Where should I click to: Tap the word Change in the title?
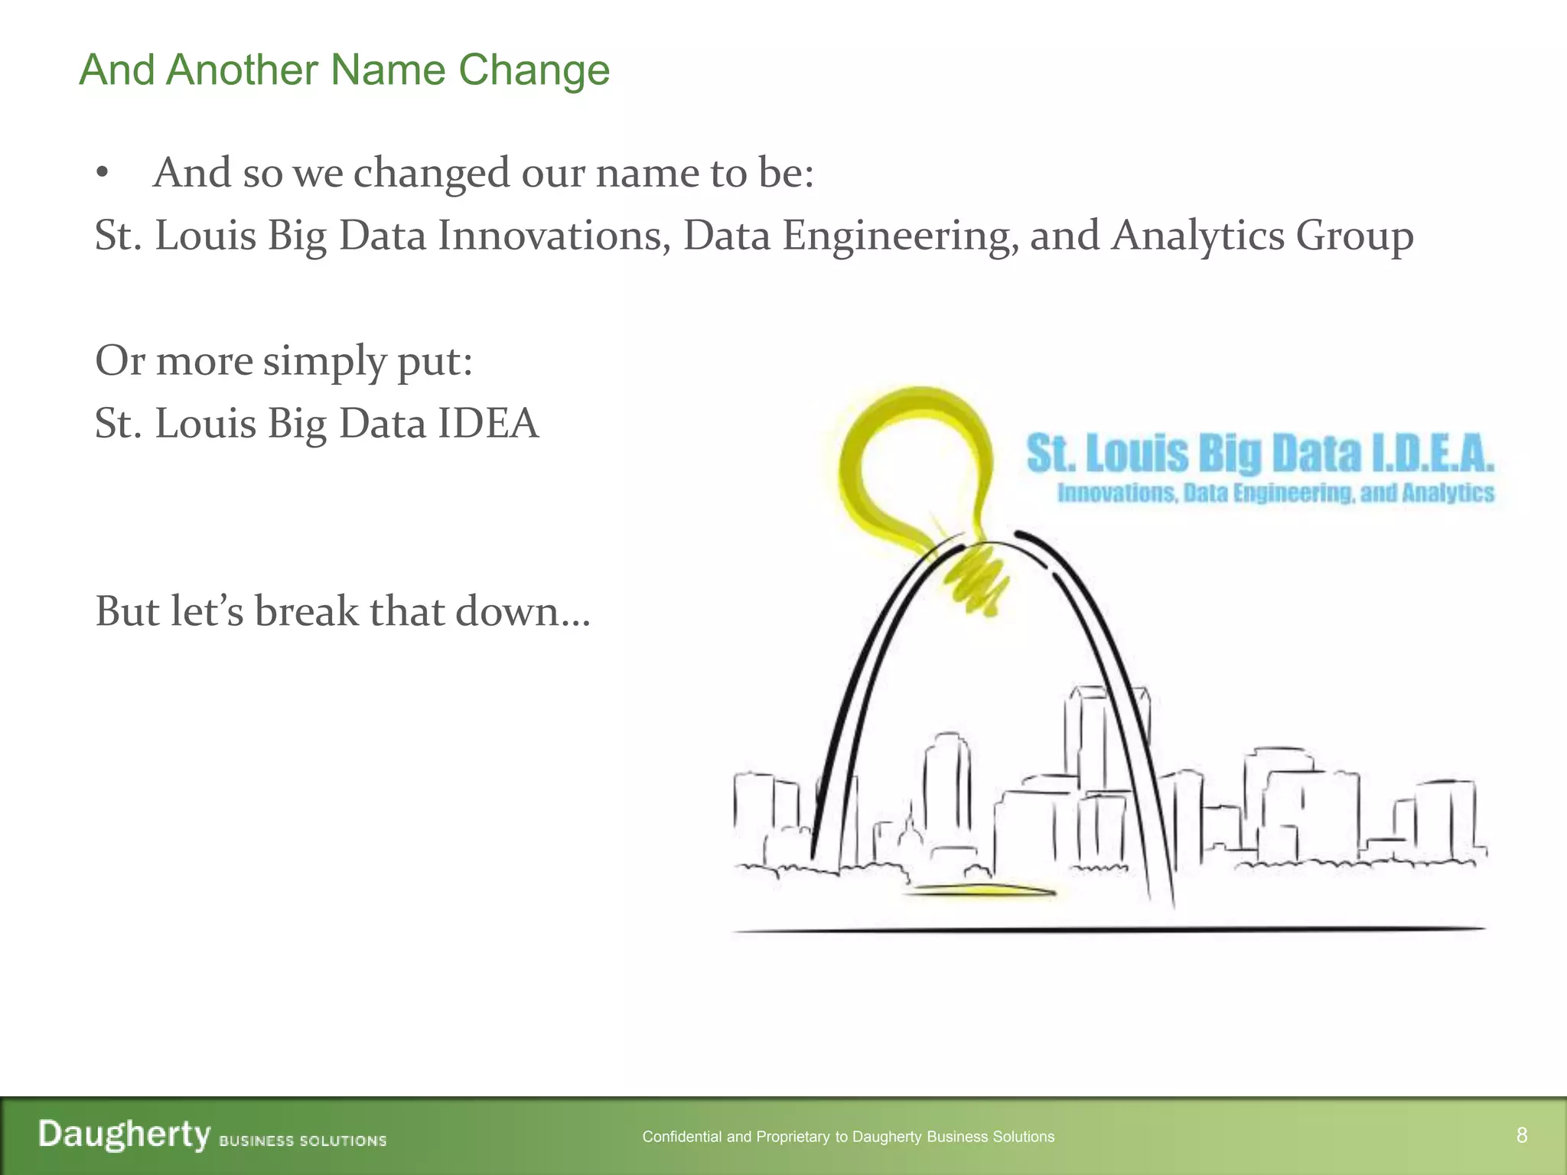pyautogui.click(x=533, y=70)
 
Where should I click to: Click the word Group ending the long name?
pyautogui.click(x=1354, y=236)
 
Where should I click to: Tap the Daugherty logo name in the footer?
pyautogui.click(x=124, y=1134)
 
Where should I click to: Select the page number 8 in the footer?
pyautogui.click(x=1522, y=1135)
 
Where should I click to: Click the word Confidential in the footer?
pyautogui.click(x=682, y=1137)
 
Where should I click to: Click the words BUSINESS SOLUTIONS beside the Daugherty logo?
pyautogui.click(x=303, y=1141)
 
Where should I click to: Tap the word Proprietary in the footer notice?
pyautogui.click(x=793, y=1137)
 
